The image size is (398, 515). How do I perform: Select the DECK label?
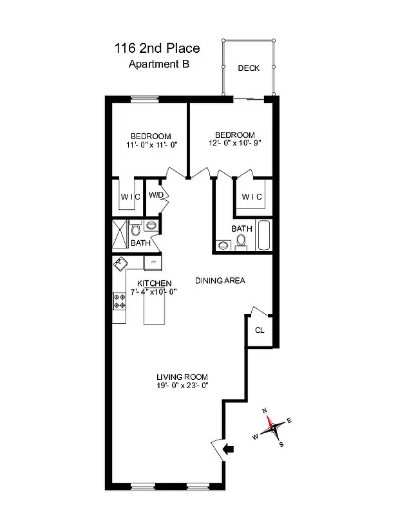point(249,68)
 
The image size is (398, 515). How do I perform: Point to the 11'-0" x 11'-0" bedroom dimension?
point(151,145)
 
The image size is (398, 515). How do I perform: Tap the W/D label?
point(155,195)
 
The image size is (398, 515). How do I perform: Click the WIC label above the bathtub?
point(251,197)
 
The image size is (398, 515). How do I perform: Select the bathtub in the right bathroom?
point(263,236)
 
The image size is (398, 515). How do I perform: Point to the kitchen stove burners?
point(120,301)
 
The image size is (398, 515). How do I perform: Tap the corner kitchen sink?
point(121,263)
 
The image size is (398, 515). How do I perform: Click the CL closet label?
point(259,330)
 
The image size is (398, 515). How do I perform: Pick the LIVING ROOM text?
point(182,377)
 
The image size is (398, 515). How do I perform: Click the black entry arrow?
point(228,449)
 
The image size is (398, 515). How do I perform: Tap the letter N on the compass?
point(264,410)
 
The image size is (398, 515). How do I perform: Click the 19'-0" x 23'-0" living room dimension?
point(182,386)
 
